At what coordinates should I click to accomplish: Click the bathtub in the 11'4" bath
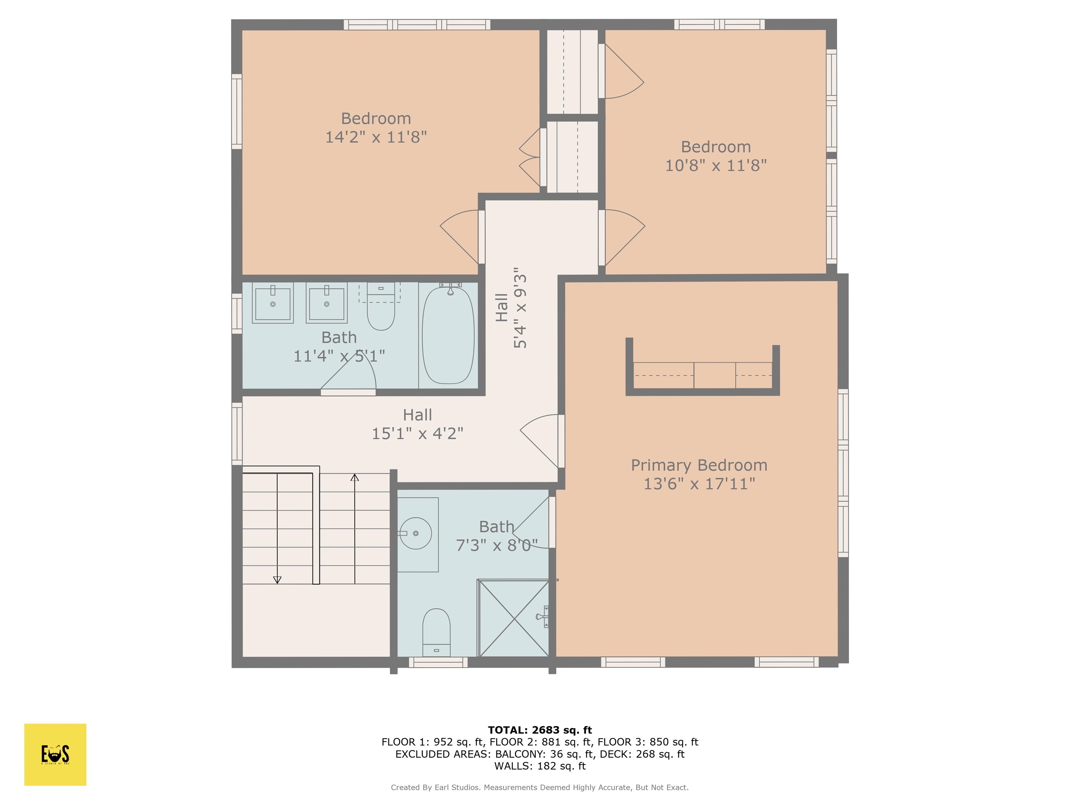click(448, 335)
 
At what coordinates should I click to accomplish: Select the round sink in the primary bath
click(416, 533)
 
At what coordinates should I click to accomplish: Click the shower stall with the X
click(514, 619)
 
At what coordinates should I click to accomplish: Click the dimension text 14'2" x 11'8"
click(375, 137)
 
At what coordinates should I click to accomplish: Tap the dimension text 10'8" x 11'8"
click(715, 166)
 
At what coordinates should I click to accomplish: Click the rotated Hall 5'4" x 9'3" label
click(511, 308)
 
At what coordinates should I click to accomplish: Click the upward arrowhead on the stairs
click(354, 477)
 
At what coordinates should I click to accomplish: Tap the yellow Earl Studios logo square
click(55, 754)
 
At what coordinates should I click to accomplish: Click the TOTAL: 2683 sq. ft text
click(540, 730)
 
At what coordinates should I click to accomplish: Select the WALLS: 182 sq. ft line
click(540, 766)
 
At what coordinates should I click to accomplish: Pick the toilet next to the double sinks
click(380, 310)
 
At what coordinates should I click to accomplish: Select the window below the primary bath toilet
click(438, 662)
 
